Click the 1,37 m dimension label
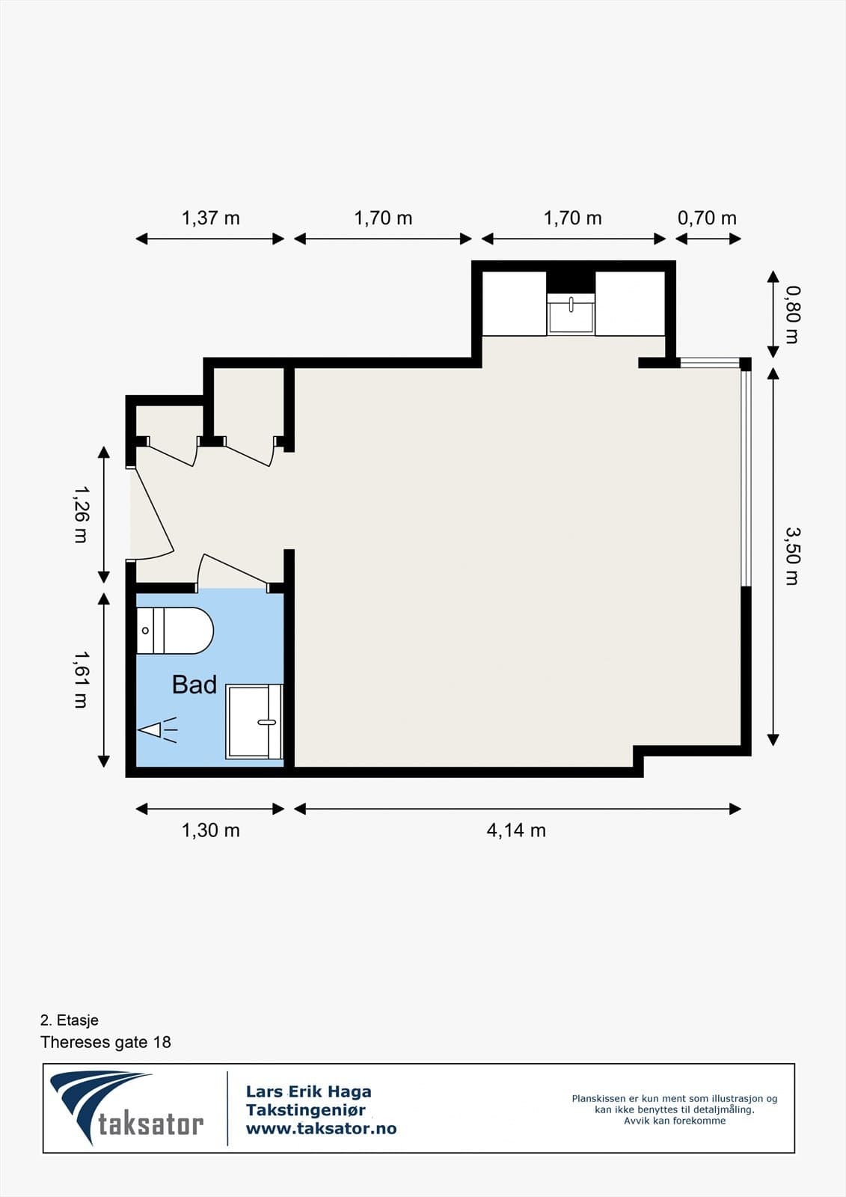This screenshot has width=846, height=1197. (x=210, y=218)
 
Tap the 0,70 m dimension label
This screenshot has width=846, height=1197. (x=707, y=218)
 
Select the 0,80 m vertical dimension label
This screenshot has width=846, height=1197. (x=793, y=315)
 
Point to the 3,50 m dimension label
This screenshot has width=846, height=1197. (x=793, y=556)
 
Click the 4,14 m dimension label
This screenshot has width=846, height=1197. (x=516, y=830)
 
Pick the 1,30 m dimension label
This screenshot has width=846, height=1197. (x=210, y=830)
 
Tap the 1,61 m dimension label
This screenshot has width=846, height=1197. (x=81, y=680)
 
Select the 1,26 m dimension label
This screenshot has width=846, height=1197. (x=81, y=514)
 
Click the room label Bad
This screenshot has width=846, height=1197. (x=194, y=685)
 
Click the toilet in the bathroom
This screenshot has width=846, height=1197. (x=175, y=631)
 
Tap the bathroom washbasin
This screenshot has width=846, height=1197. (x=254, y=721)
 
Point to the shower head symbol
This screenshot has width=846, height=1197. (x=157, y=729)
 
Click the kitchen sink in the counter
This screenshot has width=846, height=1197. (x=571, y=313)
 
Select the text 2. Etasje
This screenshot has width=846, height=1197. (x=70, y=1020)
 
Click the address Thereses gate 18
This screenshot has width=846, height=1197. (x=105, y=1042)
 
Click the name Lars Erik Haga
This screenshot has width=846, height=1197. (x=308, y=1092)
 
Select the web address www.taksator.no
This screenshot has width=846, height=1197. (x=321, y=1129)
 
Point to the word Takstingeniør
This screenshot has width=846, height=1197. (x=306, y=1110)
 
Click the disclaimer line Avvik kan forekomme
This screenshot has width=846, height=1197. (x=675, y=1121)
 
